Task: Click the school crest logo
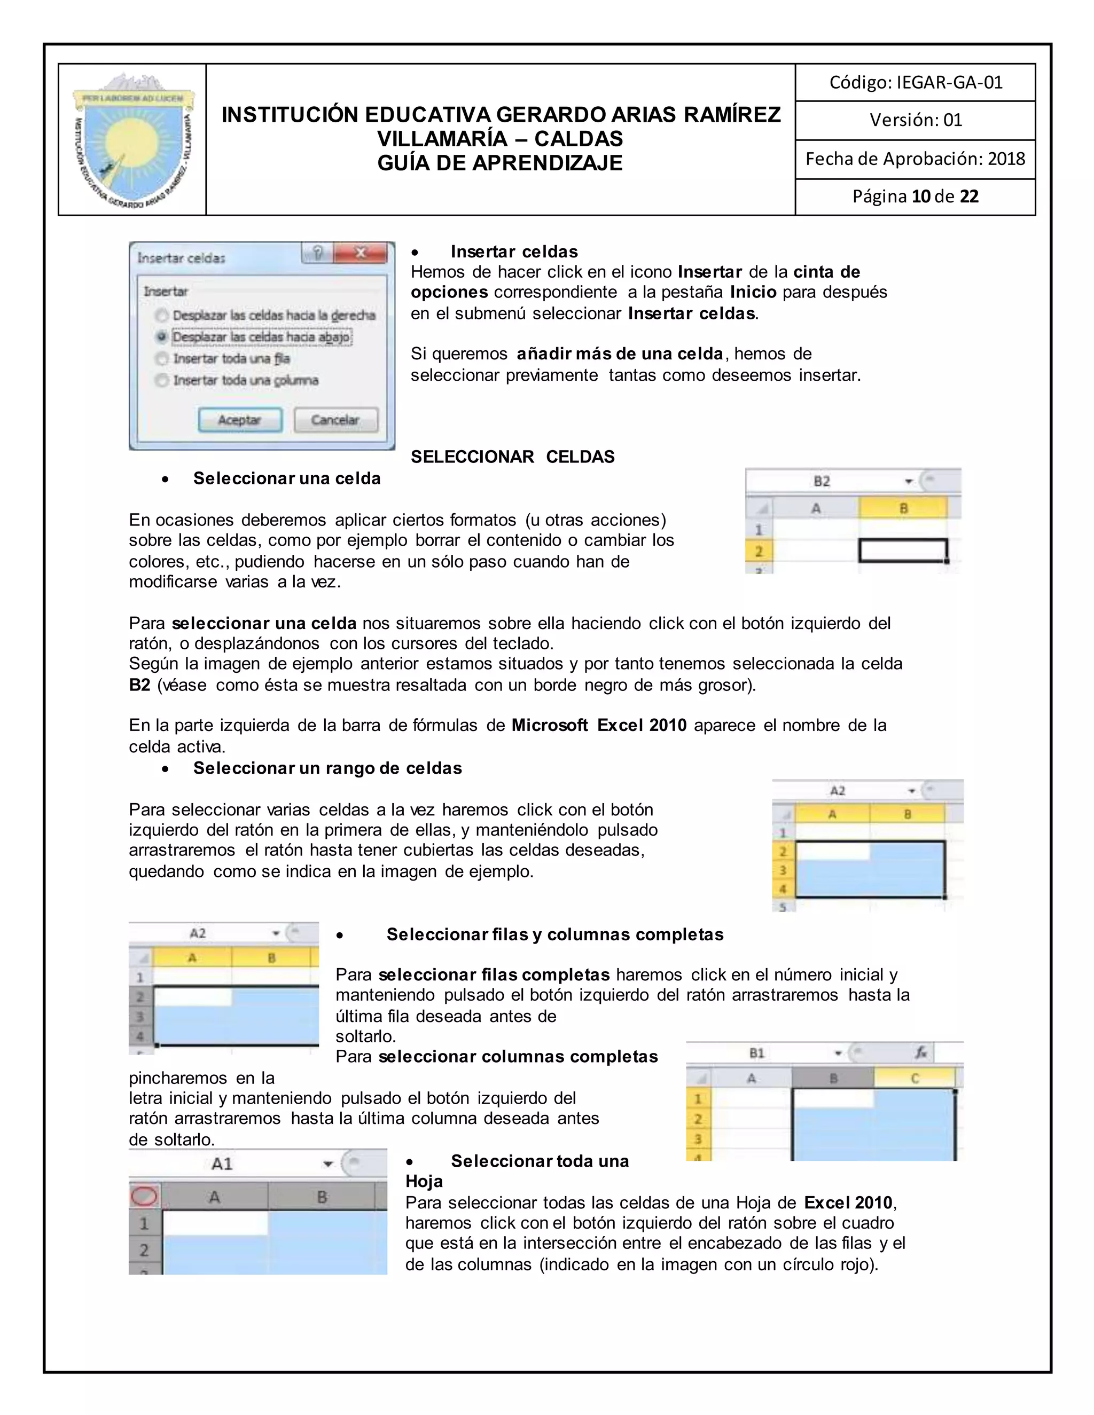(133, 140)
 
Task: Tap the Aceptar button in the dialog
(240, 420)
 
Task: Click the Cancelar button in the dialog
(335, 420)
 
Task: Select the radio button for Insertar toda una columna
(161, 380)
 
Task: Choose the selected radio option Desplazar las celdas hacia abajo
(161, 337)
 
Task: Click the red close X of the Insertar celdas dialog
(362, 253)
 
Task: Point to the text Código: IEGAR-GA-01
(915, 82)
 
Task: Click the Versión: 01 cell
(915, 120)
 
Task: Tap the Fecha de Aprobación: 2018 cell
(915, 159)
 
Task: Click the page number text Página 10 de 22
(915, 196)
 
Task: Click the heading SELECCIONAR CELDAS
(512, 457)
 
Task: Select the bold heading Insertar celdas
(514, 251)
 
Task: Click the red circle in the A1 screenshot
(144, 1196)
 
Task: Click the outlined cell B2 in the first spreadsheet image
(903, 551)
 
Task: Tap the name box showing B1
(757, 1053)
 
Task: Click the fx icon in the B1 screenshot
(921, 1053)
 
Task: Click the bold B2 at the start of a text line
(139, 685)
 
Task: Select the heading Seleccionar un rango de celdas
(327, 768)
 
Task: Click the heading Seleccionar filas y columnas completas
(555, 934)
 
